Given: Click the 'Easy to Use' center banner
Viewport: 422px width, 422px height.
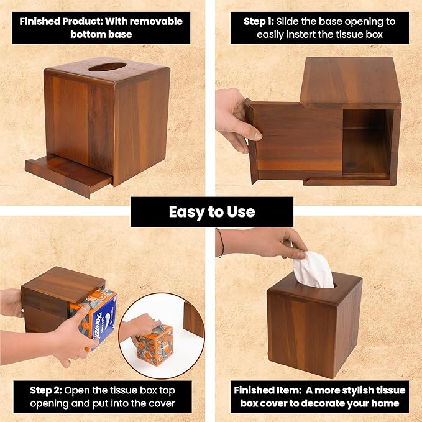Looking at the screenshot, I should [211, 212].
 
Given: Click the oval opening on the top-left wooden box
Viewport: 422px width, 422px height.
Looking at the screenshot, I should [107, 67].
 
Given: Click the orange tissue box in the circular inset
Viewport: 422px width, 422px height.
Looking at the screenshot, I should [155, 344].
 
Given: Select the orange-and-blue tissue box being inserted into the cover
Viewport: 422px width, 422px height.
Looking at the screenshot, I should [94, 317].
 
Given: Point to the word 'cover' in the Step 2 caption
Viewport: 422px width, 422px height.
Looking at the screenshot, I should [162, 403].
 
